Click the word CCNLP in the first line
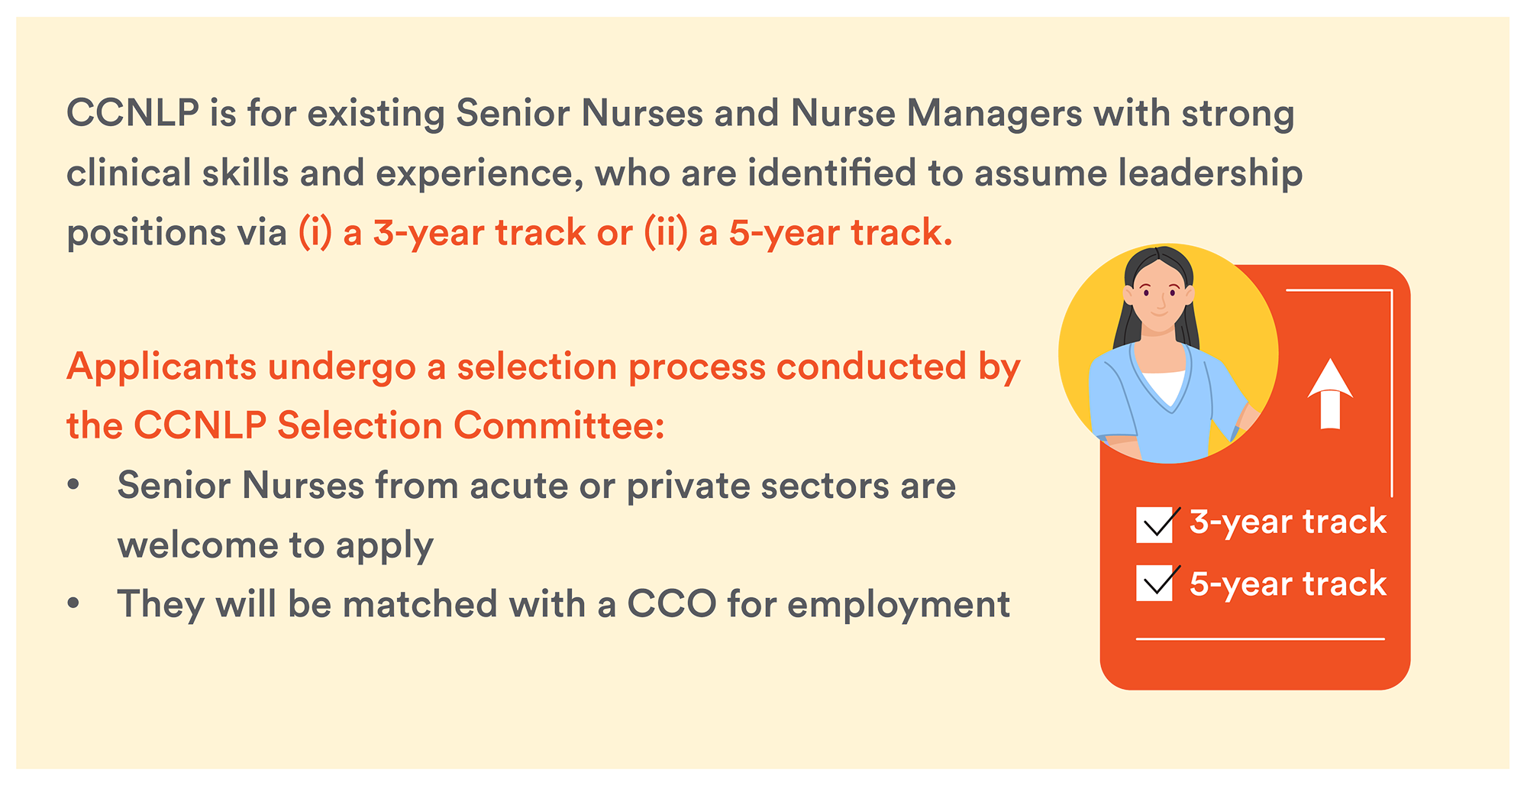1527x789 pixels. point(133,113)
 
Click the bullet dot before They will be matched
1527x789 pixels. point(73,603)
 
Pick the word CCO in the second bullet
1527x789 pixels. point(672,604)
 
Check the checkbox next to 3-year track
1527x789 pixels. point(1154,525)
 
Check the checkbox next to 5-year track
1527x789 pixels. point(1154,584)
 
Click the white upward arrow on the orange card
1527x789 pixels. point(1330,394)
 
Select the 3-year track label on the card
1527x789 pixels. point(1288,522)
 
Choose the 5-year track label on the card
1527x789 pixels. point(1288,584)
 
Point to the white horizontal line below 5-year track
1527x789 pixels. point(1261,639)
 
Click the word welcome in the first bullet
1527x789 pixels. point(198,545)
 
